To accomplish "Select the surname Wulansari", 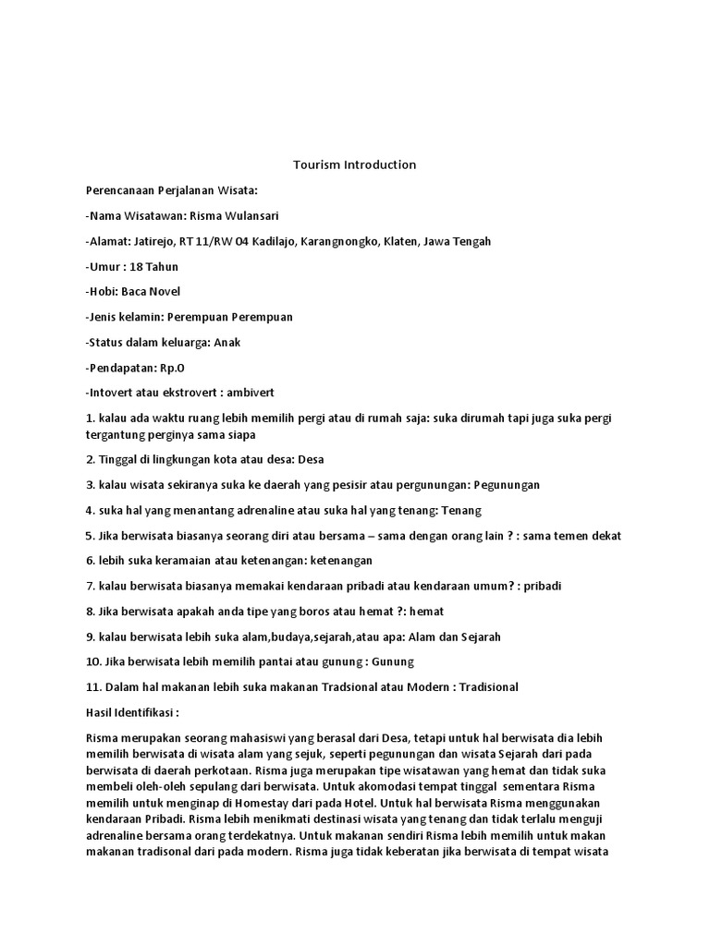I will pyautogui.click(x=251, y=215).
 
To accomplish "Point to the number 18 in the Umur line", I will pyautogui.click(x=129, y=266).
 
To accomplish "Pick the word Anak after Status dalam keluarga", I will pyautogui.click(x=227, y=342).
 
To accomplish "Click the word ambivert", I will pyautogui.click(x=250, y=392).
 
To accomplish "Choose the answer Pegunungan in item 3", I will pyautogui.click(x=507, y=484).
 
